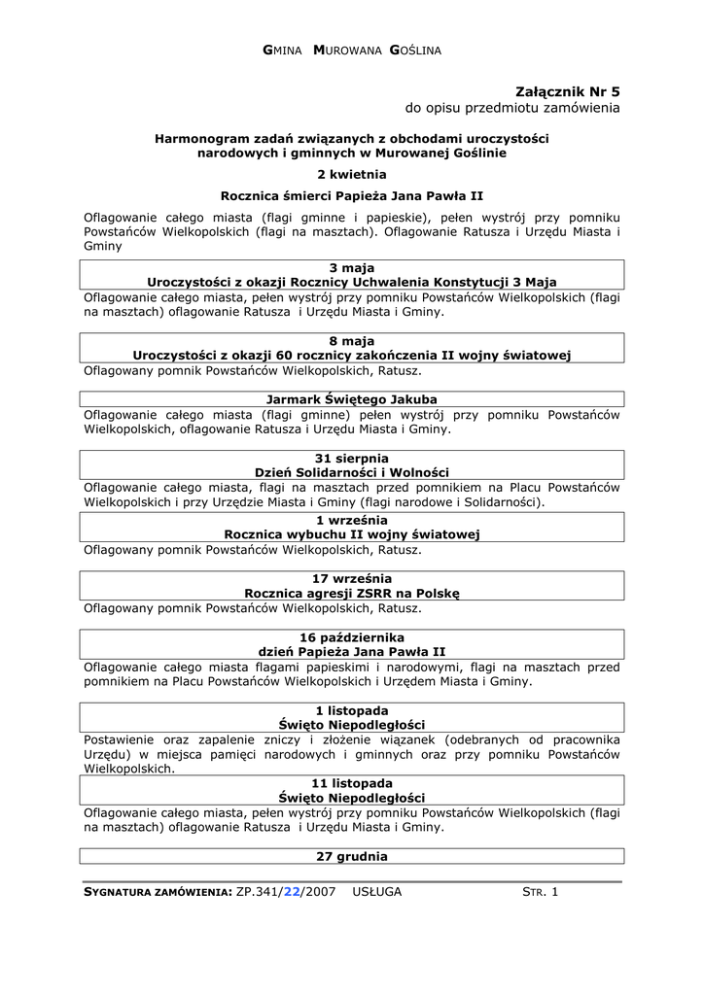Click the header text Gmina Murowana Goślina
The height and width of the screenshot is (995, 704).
click(x=352, y=50)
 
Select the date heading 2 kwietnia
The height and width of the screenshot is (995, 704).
click(x=351, y=174)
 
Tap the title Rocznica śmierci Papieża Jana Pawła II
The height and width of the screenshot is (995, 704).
click(x=351, y=195)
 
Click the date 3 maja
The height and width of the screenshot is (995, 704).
click(x=351, y=268)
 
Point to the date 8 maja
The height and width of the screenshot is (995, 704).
click(x=351, y=341)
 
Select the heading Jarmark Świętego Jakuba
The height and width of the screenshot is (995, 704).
click(x=351, y=399)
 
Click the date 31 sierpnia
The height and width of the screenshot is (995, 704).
click(x=351, y=458)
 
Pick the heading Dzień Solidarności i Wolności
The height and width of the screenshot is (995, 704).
click(x=351, y=472)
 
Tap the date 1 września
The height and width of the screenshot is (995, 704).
click(x=351, y=520)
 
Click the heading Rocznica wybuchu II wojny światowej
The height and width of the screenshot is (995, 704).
click(x=351, y=534)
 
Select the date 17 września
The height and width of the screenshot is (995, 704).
click(x=351, y=578)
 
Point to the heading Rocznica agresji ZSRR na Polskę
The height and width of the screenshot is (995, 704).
click(x=351, y=593)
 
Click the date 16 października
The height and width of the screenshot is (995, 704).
click(x=351, y=636)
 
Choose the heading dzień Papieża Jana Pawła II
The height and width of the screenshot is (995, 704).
click(x=351, y=651)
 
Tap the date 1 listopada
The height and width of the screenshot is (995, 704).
click(x=351, y=710)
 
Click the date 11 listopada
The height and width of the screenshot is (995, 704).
click(x=351, y=783)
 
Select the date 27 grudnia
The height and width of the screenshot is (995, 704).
click(x=351, y=857)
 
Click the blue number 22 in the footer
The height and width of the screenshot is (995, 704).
click(x=292, y=892)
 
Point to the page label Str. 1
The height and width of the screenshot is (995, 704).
click(x=541, y=892)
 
